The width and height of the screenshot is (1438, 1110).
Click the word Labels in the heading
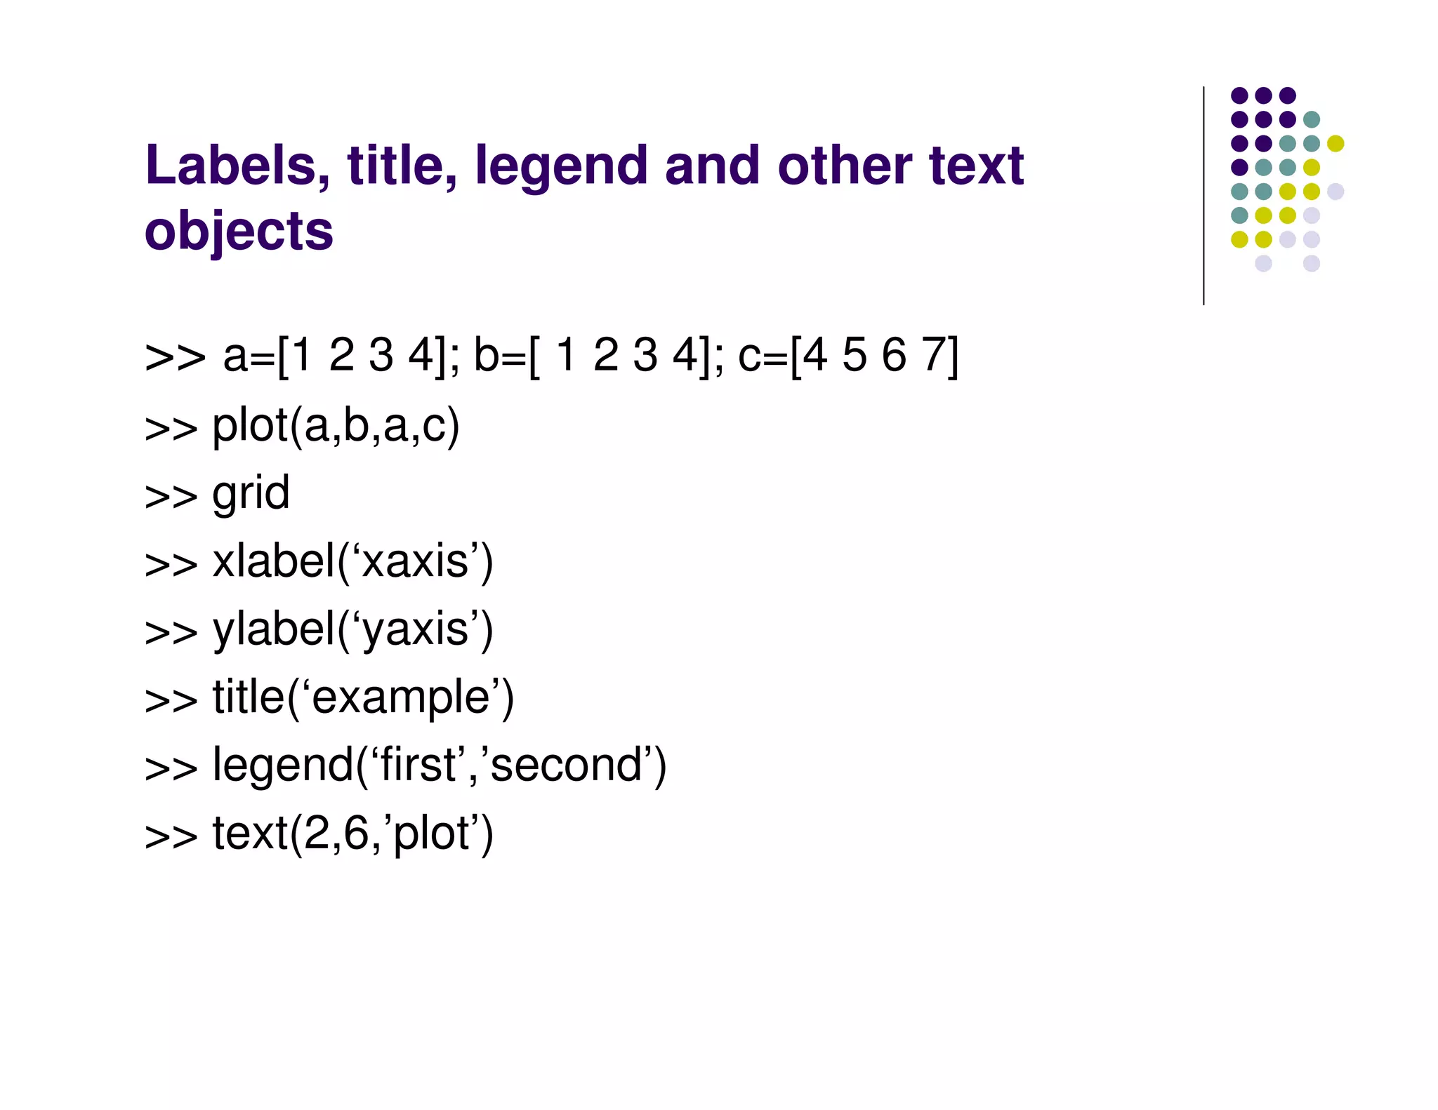pyautogui.click(x=237, y=166)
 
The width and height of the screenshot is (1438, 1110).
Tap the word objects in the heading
pyautogui.click(x=239, y=232)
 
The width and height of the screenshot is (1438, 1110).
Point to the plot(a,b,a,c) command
pyautogui.click(x=336, y=427)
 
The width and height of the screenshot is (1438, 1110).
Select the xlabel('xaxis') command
pyautogui.click(x=352, y=562)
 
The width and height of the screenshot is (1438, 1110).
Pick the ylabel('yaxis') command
pyautogui.click(x=352, y=630)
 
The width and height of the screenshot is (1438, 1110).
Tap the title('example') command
pyautogui.click(x=363, y=698)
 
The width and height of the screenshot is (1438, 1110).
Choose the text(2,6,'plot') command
pyautogui.click(x=352, y=834)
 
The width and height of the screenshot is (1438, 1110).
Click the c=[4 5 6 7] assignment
pyautogui.click(x=847, y=356)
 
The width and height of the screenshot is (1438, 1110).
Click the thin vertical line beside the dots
pyautogui.click(x=1203, y=196)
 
